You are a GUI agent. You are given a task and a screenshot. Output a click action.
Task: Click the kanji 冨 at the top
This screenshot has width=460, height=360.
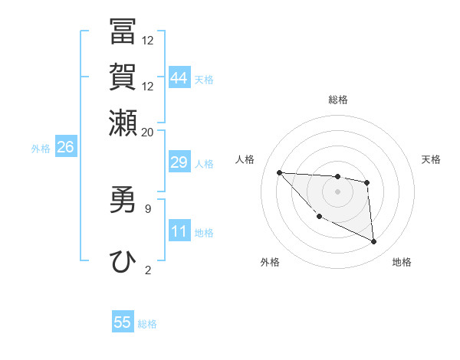123,33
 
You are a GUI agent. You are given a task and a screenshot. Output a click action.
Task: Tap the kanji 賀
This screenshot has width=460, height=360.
123,77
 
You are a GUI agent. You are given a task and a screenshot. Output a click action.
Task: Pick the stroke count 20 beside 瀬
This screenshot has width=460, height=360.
148,132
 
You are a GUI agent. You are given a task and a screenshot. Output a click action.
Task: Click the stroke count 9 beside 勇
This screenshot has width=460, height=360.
148,208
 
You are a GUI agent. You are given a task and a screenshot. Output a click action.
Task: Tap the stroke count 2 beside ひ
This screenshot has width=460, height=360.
148,269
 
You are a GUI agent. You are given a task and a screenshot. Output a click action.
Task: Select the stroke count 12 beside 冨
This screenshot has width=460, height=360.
148,41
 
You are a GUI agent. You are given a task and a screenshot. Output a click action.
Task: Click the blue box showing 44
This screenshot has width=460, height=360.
179,78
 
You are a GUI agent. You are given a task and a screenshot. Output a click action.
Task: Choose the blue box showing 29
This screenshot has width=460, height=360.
179,162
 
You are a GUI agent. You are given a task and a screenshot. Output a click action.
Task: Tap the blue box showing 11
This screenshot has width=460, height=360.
179,231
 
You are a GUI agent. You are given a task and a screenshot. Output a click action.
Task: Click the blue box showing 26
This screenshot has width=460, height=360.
65,147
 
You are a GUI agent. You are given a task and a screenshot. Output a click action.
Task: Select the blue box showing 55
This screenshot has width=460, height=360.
123,322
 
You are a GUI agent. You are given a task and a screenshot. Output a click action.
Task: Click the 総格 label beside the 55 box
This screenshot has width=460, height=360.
147,324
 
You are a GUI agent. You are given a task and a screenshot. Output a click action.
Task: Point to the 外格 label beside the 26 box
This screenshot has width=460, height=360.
41,149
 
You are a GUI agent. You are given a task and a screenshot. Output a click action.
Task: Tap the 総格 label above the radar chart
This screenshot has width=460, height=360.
338,100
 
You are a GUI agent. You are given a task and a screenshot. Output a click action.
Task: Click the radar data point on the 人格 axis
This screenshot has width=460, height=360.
280,172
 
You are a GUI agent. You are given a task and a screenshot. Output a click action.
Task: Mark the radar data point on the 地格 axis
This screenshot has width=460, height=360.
374,242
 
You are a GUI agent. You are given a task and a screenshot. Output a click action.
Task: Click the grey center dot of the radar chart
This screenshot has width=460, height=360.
338,191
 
